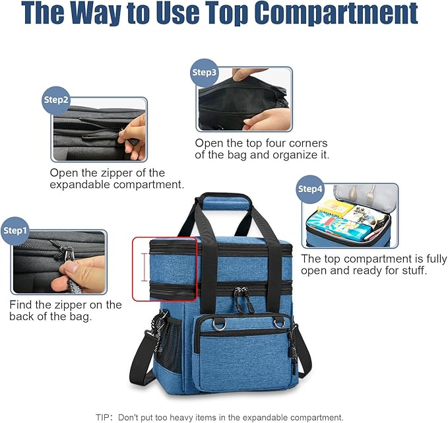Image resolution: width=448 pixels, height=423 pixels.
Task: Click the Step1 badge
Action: [x=16, y=230]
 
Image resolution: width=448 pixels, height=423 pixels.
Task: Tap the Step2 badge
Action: [x=56, y=100]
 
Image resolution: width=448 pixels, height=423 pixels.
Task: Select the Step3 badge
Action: [x=204, y=72]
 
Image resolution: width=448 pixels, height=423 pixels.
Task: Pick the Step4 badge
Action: [x=310, y=189]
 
